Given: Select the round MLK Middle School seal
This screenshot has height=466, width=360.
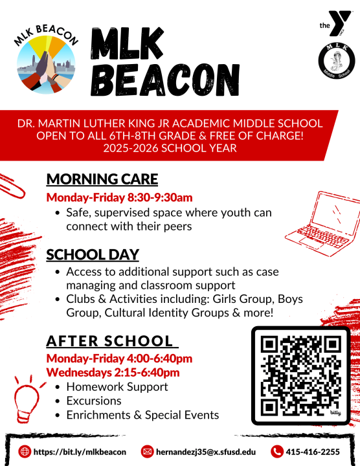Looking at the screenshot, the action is click(335, 67).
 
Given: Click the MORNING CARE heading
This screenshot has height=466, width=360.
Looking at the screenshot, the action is click(102, 179).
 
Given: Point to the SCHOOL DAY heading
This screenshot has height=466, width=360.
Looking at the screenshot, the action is click(93, 255).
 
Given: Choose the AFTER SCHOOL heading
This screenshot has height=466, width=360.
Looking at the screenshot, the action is click(109, 341).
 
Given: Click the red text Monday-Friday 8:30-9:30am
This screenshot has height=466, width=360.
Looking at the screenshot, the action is click(118, 197).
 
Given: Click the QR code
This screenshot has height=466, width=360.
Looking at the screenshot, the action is click(300, 375).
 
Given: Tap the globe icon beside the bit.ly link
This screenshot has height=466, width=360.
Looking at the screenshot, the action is click(25, 451).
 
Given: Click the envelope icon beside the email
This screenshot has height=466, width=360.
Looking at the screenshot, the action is click(147, 451).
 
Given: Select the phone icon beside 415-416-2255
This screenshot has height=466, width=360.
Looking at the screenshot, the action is click(277, 451).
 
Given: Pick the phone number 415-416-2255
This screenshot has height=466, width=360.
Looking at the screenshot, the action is click(313, 452).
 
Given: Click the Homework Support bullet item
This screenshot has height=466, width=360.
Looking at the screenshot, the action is click(117, 387).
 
